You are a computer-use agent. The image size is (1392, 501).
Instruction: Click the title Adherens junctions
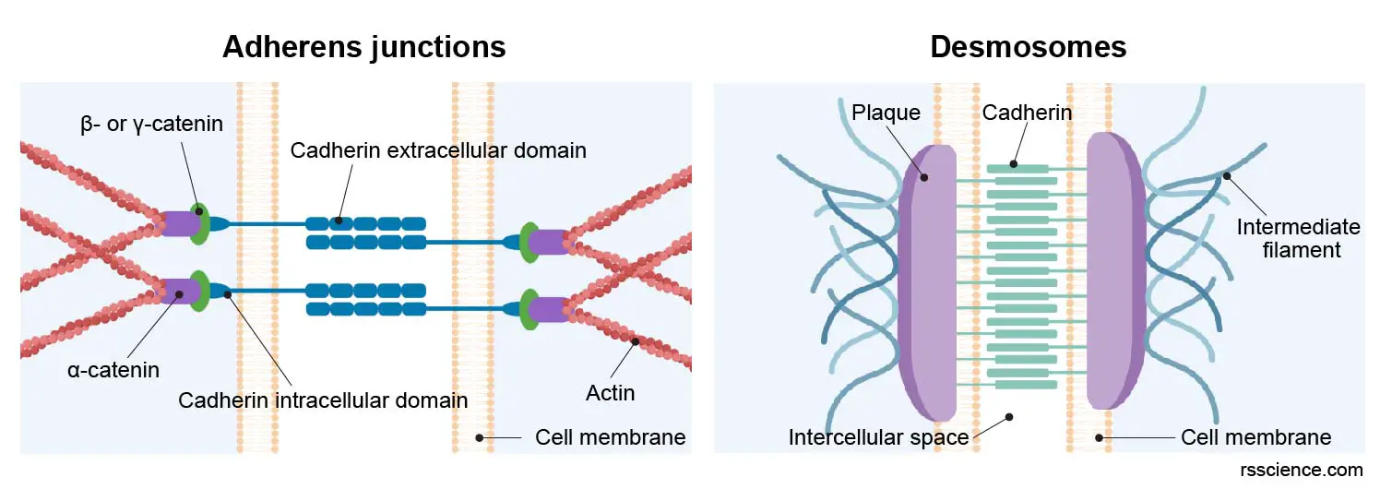point(363,46)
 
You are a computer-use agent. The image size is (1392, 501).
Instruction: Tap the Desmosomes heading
point(1028,46)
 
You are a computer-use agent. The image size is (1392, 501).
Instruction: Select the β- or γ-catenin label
point(151,123)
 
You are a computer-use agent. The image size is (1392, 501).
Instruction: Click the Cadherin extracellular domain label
point(438,149)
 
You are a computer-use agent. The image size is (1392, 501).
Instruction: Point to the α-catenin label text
point(113,370)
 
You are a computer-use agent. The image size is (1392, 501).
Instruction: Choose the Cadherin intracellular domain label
point(323,400)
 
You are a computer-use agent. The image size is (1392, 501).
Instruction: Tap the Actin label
point(610,393)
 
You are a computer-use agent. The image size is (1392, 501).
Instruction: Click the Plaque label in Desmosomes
point(886,113)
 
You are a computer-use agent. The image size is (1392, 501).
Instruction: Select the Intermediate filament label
point(1285,237)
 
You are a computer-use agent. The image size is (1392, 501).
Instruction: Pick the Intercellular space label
point(878,436)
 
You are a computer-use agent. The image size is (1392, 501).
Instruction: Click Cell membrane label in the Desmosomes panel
point(1255,436)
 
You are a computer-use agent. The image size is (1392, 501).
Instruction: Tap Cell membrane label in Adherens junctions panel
point(610,436)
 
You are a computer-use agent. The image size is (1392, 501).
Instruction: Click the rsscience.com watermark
point(1302,470)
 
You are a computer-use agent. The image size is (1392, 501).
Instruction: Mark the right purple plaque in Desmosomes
point(1115,272)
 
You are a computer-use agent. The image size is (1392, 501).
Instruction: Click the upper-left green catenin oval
point(198,223)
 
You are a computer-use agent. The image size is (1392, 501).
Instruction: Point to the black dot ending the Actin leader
point(636,341)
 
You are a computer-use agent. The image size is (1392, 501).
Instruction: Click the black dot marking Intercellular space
point(1009,416)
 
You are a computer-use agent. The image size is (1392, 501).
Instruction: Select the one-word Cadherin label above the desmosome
point(1013,113)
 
